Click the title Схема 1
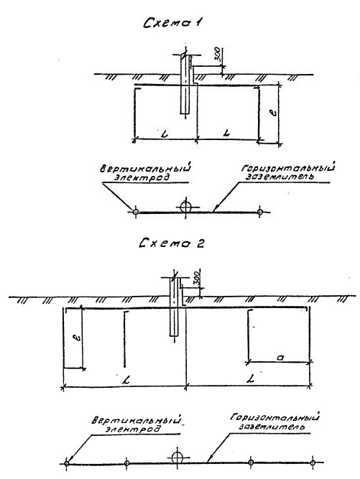pos(172,23)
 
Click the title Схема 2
pos(171,243)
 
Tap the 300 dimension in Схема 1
pos(217,54)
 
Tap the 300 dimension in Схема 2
pos(197,277)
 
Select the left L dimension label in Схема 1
pos(165,134)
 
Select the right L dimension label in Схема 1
pos(226,133)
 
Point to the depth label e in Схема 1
pos(274,112)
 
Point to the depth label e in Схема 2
pos(78,338)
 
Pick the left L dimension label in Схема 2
pos(125,381)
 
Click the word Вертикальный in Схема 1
pos(145,169)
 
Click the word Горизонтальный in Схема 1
pos(287,168)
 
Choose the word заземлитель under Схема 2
pos(272,426)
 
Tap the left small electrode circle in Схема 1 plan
pos(136,211)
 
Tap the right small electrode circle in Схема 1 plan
pos(260,211)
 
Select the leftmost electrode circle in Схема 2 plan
pos(67,463)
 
